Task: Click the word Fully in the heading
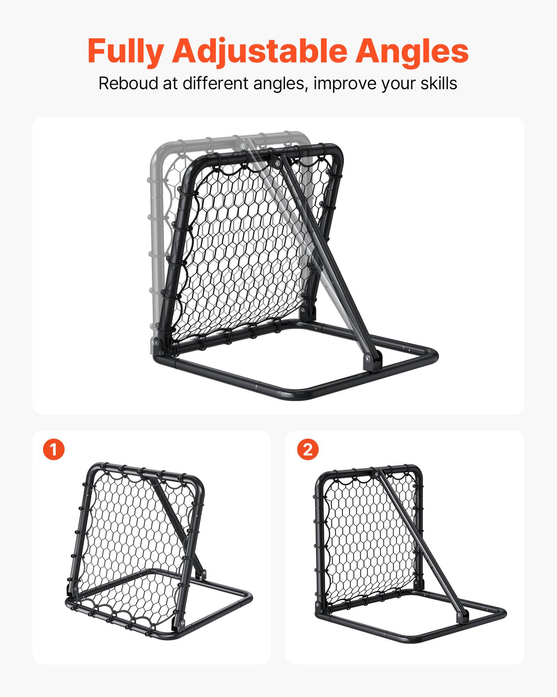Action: pos(125,51)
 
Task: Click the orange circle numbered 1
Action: pos(54,449)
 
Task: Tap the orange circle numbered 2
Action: pos(308,449)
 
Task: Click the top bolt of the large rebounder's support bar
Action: pos(276,161)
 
